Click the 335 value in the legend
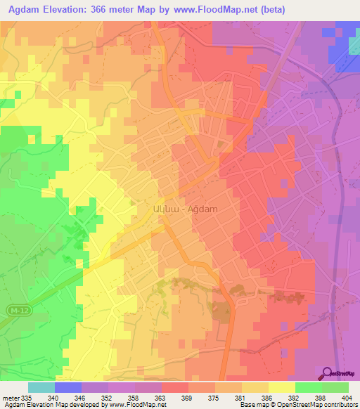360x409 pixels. pyautogui.click(x=27, y=398)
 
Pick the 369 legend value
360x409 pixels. pyautogui.click(x=186, y=398)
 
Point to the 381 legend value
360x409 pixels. pyautogui.click(x=240, y=398)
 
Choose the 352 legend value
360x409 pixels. pyautogui.click(x=106, y=398)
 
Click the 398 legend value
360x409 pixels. pyautogui.click(x=320, y=398)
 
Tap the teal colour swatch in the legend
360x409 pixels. pyautogui.click(x=41, y=387)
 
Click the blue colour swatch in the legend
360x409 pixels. pyautogui.click(x=68, y=387)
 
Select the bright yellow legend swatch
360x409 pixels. pyautogui.click(x=282, y=387)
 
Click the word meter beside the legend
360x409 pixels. pyautogui.click(x=10, y=398)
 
